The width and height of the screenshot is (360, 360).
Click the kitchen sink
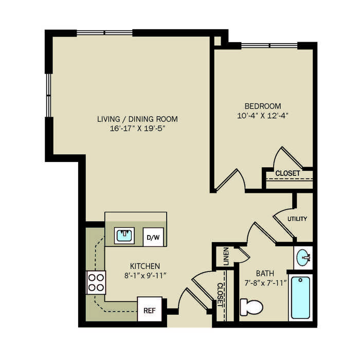tap(124, 236)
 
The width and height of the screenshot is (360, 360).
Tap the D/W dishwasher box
tap(153, 237)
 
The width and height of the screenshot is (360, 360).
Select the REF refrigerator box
tap(150, 309)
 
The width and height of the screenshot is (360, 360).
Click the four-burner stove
tap(96, 282)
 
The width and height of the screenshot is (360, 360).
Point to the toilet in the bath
tap(251, 307)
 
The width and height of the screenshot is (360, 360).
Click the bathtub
tap(300, 298)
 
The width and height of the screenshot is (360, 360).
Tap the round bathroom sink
tap(303, 258)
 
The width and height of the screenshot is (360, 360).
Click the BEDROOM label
tap(263, 106)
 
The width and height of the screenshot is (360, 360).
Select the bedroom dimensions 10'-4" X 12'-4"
tap(262, 115)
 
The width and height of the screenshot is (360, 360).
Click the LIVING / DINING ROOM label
tap(137, 119)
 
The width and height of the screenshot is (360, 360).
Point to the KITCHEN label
tap(145, 266)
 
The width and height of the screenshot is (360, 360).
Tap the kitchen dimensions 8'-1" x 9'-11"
tap(145, 275)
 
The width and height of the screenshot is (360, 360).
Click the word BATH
tap(265, 274)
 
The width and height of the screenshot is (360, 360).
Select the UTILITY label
tap(297, 219)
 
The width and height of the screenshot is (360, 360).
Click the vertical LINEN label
tap(226, 256)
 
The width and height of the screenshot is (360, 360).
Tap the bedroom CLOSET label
tap(287, 173)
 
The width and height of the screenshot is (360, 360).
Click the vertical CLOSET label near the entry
tap(220, 295)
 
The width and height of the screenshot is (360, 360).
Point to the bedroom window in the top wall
tap(269, 45)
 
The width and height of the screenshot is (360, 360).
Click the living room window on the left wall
tap(48, 95)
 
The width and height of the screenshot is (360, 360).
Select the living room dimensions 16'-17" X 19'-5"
tap(137, 129)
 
